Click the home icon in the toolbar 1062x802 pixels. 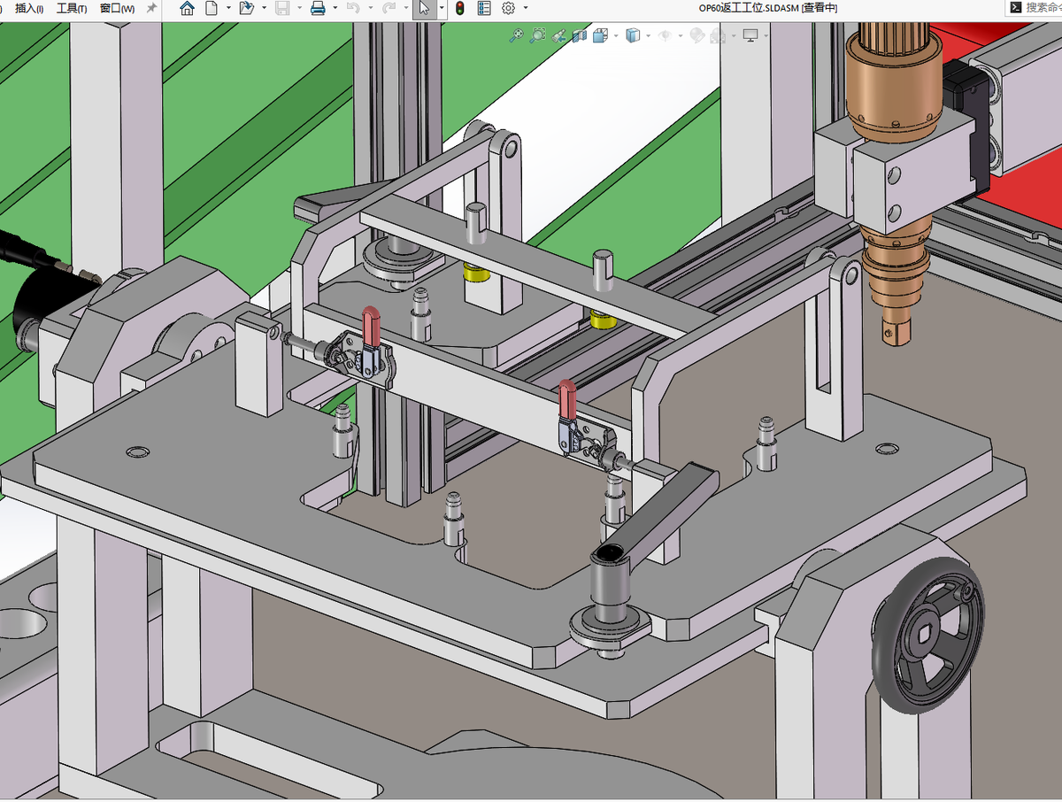[x=187, y=8]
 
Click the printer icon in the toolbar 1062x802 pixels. [x=318, y=8]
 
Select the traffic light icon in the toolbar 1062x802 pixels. [x=459, y=8]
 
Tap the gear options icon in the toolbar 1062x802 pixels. [x=508, y=8]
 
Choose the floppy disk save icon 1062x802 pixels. [x=282, y=8]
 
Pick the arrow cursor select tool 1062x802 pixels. [x=424, y=8]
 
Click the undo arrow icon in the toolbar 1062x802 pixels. [x=353, y=8]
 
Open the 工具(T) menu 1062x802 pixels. [x=72, y=8]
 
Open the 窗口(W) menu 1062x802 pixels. [x=117, y=8]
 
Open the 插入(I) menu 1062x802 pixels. [x=29, y=8]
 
